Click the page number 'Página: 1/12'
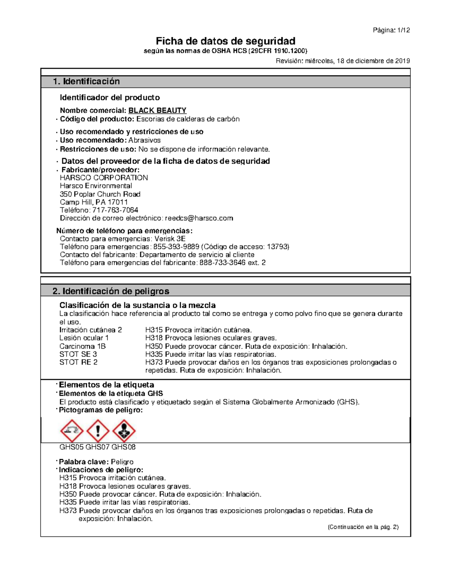(x=391, y=30)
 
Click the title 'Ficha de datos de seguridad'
(x=225, y=41)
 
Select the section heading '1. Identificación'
(x=86, y=81)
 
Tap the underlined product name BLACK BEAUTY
(x=157, y=110)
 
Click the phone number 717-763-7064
(x=115, y=210)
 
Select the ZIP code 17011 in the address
(x=118, y=202)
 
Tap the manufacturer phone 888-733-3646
(x=222, y=262)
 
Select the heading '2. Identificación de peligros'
(x=111, y=291)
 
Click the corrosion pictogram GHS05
(x=72, y=431)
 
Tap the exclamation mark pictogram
(x=98, y=431)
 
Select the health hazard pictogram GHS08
(x=124, y=431)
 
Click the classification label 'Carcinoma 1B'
(x=83, y=346)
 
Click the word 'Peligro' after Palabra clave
(x=122, y=462)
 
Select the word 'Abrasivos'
(x=144, y=140)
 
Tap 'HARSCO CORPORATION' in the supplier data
(x=104, y=178)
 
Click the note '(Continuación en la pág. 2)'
(x=363, y=527)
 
